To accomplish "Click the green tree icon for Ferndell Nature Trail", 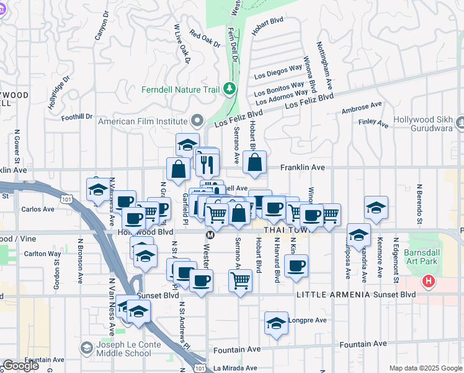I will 230,90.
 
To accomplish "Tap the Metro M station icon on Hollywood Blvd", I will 210,235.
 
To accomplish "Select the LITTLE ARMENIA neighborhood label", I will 324,295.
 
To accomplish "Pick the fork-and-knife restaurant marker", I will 207,164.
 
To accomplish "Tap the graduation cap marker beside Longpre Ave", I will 277,323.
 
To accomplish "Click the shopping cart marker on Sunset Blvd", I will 240,280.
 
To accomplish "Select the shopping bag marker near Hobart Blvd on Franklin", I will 254,163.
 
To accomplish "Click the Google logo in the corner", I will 21,366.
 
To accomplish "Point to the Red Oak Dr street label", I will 205,39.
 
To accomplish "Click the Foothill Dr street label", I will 77,116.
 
